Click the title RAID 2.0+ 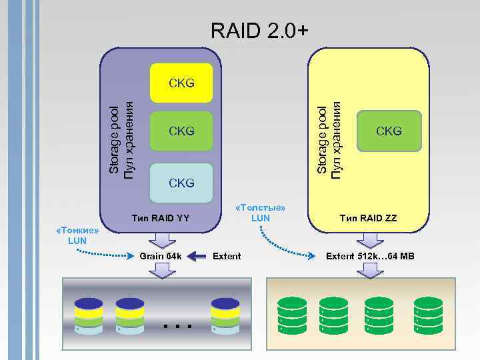coord(259,30)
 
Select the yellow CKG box coord(181,83)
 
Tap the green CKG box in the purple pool coord(181,131)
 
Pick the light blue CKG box coord(181,182)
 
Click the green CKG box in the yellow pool coord(389,131)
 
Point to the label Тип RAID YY coord(161,217)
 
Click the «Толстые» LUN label coord(261,213)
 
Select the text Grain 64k coord(160,256)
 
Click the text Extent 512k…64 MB coord(369,256)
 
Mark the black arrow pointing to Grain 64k coord(197,256)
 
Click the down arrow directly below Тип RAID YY coord(161,238)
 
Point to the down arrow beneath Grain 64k coord(161,269)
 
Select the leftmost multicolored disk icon coord(88,315)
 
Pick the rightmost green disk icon coord(428,315)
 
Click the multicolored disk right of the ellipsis coord(225,315)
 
